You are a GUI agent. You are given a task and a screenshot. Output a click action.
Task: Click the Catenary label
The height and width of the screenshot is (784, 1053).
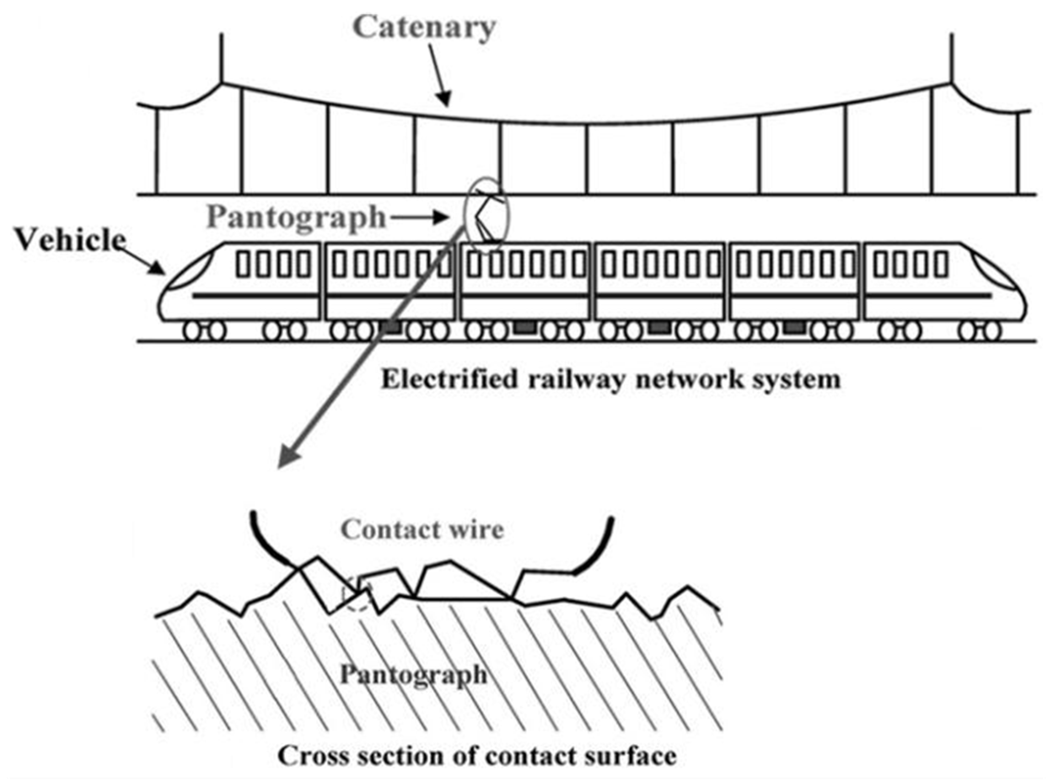point(424,27)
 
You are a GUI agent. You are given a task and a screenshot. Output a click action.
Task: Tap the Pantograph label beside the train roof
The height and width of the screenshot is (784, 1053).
point(296,218)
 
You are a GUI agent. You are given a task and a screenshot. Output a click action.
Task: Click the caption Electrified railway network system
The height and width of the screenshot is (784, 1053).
point(611,380)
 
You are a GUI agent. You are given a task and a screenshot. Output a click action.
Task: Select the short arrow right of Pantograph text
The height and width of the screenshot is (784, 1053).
point(420,218)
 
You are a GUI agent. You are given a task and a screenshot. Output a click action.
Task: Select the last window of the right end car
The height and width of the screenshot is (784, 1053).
point(941,265)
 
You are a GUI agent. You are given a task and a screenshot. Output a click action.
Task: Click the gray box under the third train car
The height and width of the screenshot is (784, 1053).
point(524,327)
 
